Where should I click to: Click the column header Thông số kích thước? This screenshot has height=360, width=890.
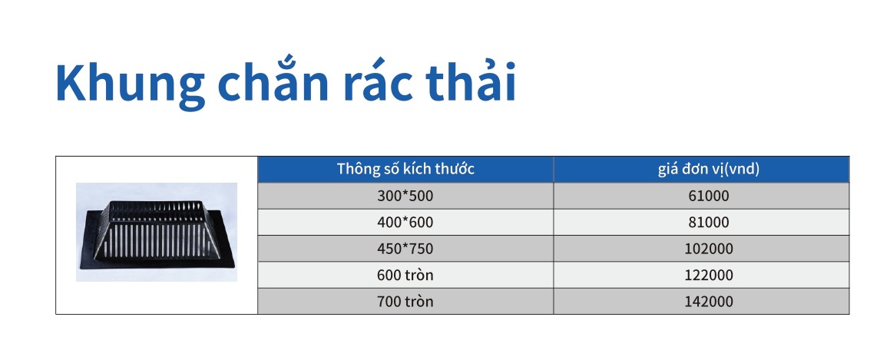click(405, 170)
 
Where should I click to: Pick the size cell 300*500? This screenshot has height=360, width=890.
click(405, 196)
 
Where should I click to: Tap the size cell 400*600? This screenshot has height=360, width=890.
click(405, 223)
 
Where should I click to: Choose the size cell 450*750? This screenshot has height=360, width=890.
click(405, 249)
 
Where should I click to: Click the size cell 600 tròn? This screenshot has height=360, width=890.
click(405, 275)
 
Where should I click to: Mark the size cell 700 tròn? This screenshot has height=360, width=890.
click(405, 302)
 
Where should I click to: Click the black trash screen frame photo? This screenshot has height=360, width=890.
click(157, 232)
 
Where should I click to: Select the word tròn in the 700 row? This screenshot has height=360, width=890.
click(419, 302)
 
